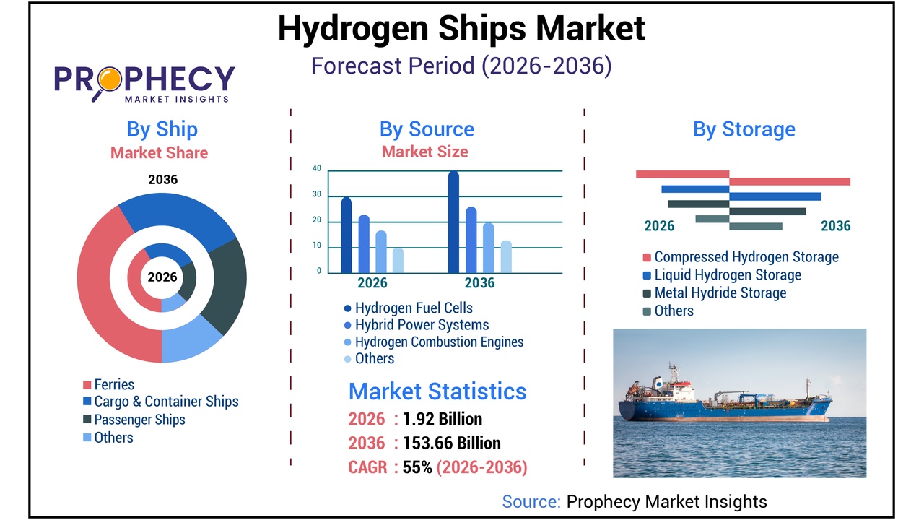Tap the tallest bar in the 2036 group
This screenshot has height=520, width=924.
[453, 222]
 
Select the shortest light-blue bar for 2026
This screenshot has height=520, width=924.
[398, 260]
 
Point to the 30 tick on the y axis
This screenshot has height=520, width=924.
[317, 195]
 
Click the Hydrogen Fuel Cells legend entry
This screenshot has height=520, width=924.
[413, 308]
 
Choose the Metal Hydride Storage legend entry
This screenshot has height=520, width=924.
[720, 292]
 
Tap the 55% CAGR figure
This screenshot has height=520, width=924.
[417, 467]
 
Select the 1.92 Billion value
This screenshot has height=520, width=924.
[443, 419]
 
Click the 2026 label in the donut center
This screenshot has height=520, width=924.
[162, 277]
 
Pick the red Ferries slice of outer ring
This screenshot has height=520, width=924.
[101, 289]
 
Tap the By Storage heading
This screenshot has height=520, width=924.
[744, 129]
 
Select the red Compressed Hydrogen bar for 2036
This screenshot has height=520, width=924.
[790, 181]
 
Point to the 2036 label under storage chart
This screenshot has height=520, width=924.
[835, 226]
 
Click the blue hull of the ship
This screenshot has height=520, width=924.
[722, 410]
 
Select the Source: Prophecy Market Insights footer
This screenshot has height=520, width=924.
[635, 501]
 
